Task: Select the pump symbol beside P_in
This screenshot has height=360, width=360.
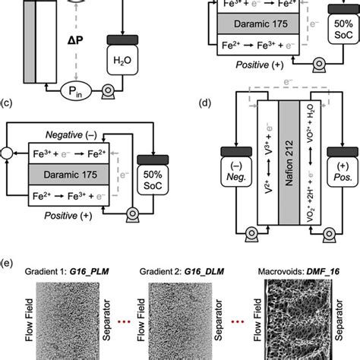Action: click(109, 89)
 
